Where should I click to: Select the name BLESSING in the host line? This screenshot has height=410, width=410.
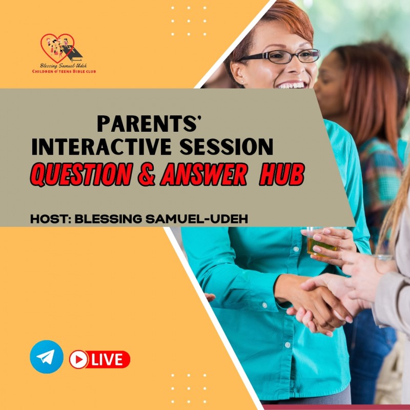click(x=106, y=218)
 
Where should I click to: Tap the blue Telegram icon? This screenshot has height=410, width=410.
click(x=47, y=357)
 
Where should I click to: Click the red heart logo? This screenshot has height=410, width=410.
click(x=58, y=48)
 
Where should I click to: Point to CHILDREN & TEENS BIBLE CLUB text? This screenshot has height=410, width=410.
click(x=64, y=72)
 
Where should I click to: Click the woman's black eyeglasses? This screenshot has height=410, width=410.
click(x=279, y=57)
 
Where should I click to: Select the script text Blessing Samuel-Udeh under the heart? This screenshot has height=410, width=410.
click(x=64, y=66)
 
